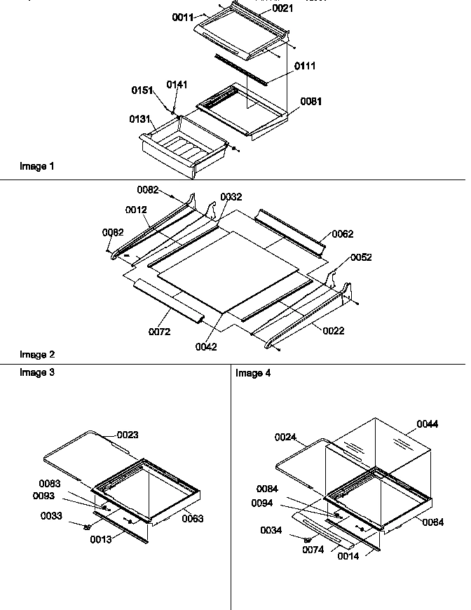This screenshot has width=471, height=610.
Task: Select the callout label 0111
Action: pyautogui.click(x=305, y=66)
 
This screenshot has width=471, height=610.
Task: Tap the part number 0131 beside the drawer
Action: pyautogui.click(x=139, y=119)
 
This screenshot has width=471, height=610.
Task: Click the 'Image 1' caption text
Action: pyautogui.click(x=37, y=166)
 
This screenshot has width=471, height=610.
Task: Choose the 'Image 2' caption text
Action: pyautogui.click(x=37, y=355)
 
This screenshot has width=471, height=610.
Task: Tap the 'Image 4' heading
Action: pyautogui.click(x=253, y=373)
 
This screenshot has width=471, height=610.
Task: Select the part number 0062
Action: pyautogui.click(x=343, y=233)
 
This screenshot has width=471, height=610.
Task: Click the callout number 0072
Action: pyautogui.click(x=159, y=332)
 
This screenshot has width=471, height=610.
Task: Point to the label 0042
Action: pyautogui.click(x=207, y=346)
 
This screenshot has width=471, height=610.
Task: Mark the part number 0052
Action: pyautogui.click(x=361, y=257)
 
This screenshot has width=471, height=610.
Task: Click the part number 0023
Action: pyautogui.click(x=128, y=435)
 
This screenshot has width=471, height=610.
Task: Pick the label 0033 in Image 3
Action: pyautogui.click(x=51, y=515)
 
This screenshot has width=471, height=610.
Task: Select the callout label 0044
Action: pyautogui.click(x=428, y=423)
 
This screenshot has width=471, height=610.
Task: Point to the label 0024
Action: pyautogui.click(x=285, y=437)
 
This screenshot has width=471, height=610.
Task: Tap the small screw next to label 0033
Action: pyautogui.click(x=88, y=527)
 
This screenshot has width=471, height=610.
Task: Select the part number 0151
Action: pyautogui.click(x=143, y=90)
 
